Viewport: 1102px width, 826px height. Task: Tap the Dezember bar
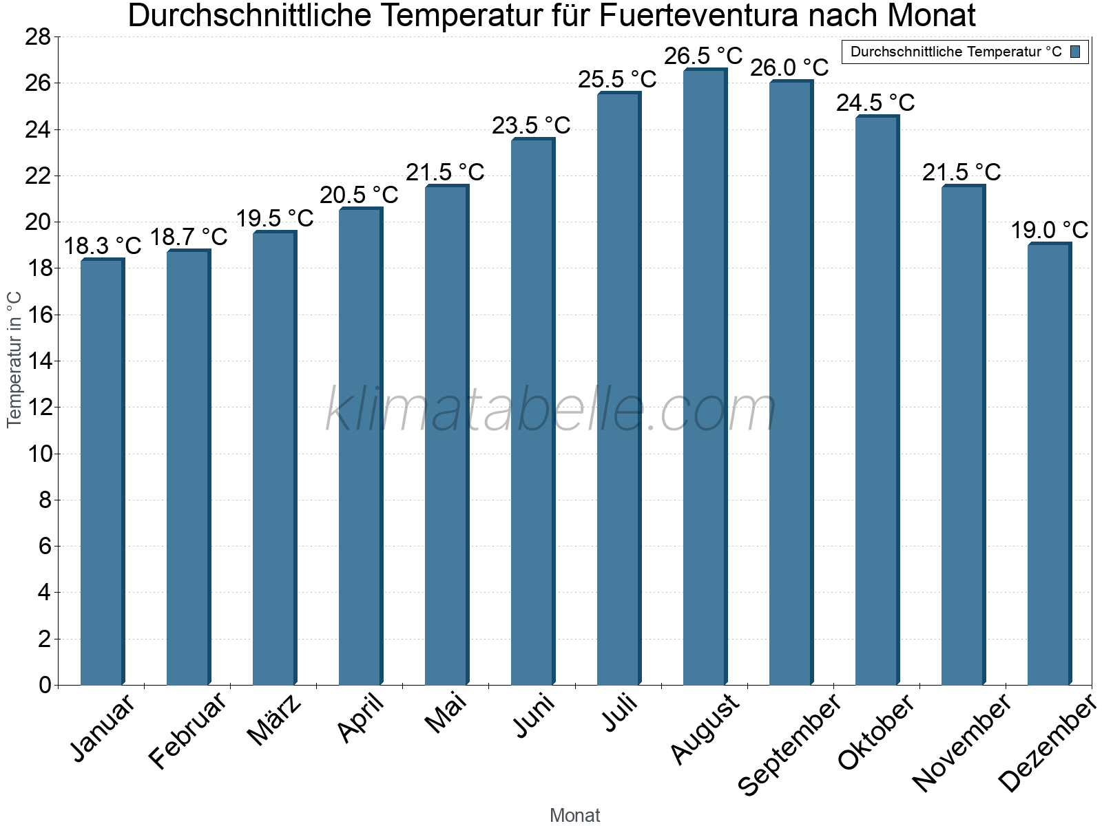pos(1049,465)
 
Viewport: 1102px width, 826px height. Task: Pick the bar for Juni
pos(532,412)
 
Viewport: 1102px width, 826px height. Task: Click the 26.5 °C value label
pos(703,56)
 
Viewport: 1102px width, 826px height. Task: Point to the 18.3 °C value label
pos(102,246)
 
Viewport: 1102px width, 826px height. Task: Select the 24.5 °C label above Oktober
pos(875,103)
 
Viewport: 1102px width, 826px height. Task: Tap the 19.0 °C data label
pos(1049,230)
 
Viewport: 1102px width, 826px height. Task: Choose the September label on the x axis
pos(789,744)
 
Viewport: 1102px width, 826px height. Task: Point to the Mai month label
pos(445,713)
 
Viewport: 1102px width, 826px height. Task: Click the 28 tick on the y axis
pos(38,36)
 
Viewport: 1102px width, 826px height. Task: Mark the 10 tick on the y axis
pos(38,454)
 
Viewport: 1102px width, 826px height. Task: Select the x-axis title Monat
pos(574,815)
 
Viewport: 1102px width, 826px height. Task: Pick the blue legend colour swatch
pos(1075,52)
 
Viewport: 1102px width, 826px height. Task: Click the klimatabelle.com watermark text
pos(551,410)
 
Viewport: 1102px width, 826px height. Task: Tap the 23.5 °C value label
pos(531,125)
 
